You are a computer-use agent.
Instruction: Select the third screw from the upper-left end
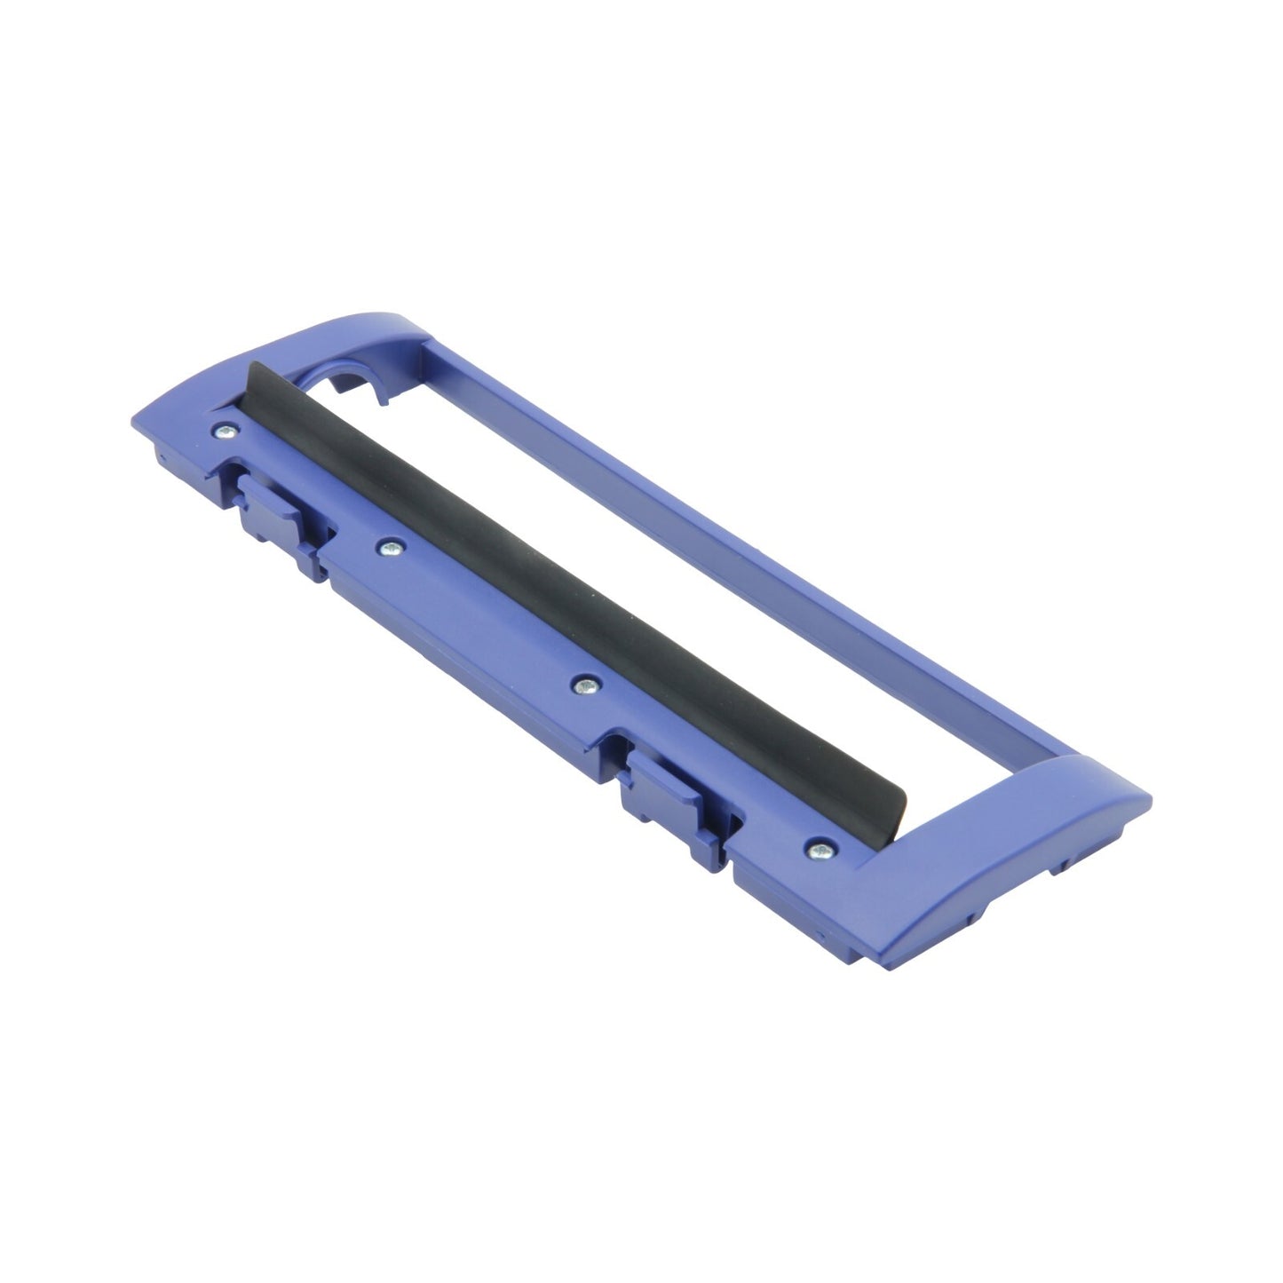pyautogui.click(x=583, y=685)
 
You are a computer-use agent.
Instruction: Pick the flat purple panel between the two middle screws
pyautogui.click(x=484, y=622)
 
